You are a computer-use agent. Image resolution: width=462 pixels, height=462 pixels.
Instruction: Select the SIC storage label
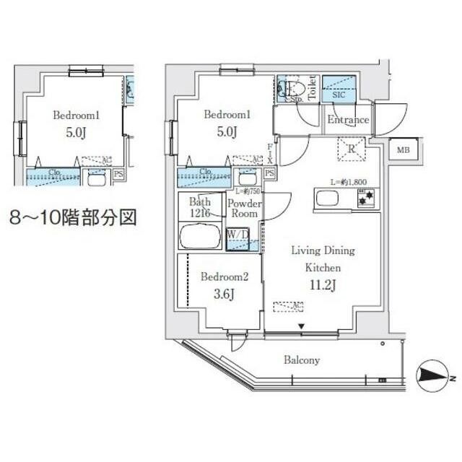pos(339,94)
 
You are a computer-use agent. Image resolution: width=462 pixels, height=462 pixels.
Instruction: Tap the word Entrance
pos(348,120)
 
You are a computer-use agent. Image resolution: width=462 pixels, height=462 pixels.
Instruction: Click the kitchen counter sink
pos(326,197)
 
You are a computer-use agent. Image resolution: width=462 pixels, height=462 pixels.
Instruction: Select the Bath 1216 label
pos(200,208)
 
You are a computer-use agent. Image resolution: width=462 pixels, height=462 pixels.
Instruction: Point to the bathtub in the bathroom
pos(200,236)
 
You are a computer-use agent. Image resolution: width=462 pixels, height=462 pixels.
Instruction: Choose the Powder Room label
pos(243,208)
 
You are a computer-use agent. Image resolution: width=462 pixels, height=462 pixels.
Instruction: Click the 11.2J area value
pos(322,283)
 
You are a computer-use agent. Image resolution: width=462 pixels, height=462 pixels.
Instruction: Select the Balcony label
pos(302,359)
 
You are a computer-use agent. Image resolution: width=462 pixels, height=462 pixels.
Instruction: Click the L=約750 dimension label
pos(248,191)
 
